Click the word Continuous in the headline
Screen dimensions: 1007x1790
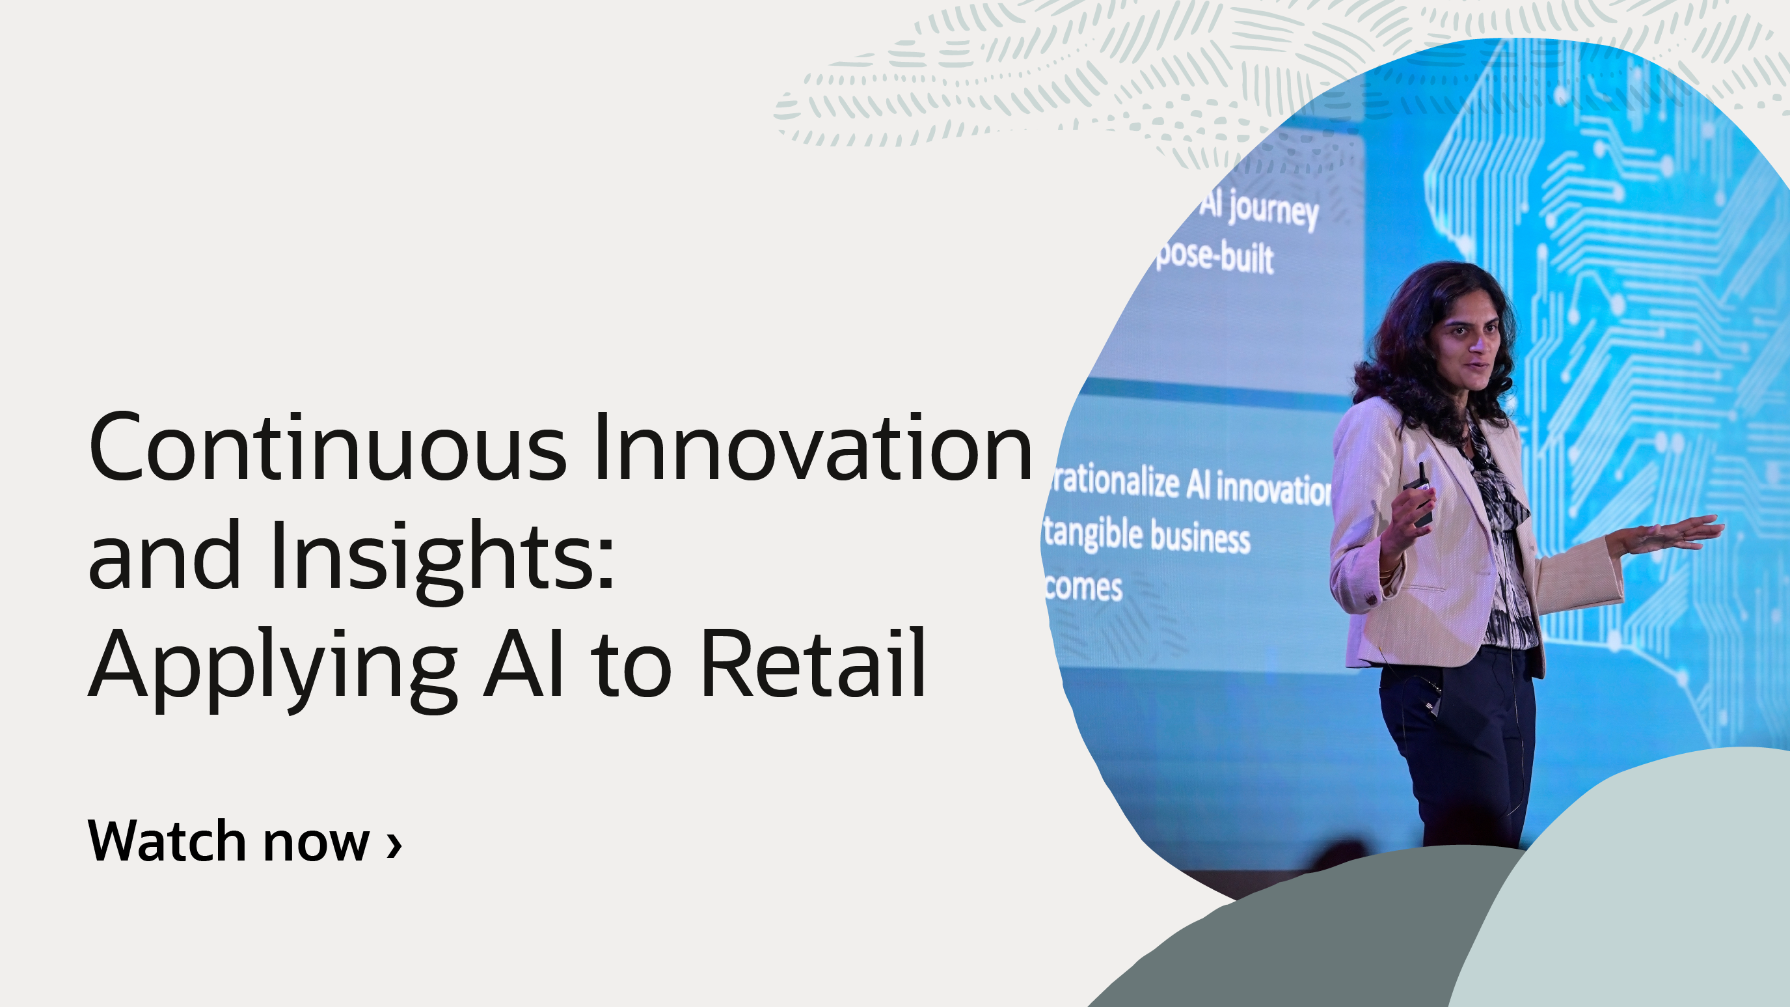coord(327,448)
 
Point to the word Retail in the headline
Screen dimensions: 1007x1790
coord(813,664)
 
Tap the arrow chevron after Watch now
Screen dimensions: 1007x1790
coord(395,844)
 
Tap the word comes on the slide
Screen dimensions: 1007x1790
coord(1084,587)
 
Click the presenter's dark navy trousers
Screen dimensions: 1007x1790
coord(1459,751)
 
